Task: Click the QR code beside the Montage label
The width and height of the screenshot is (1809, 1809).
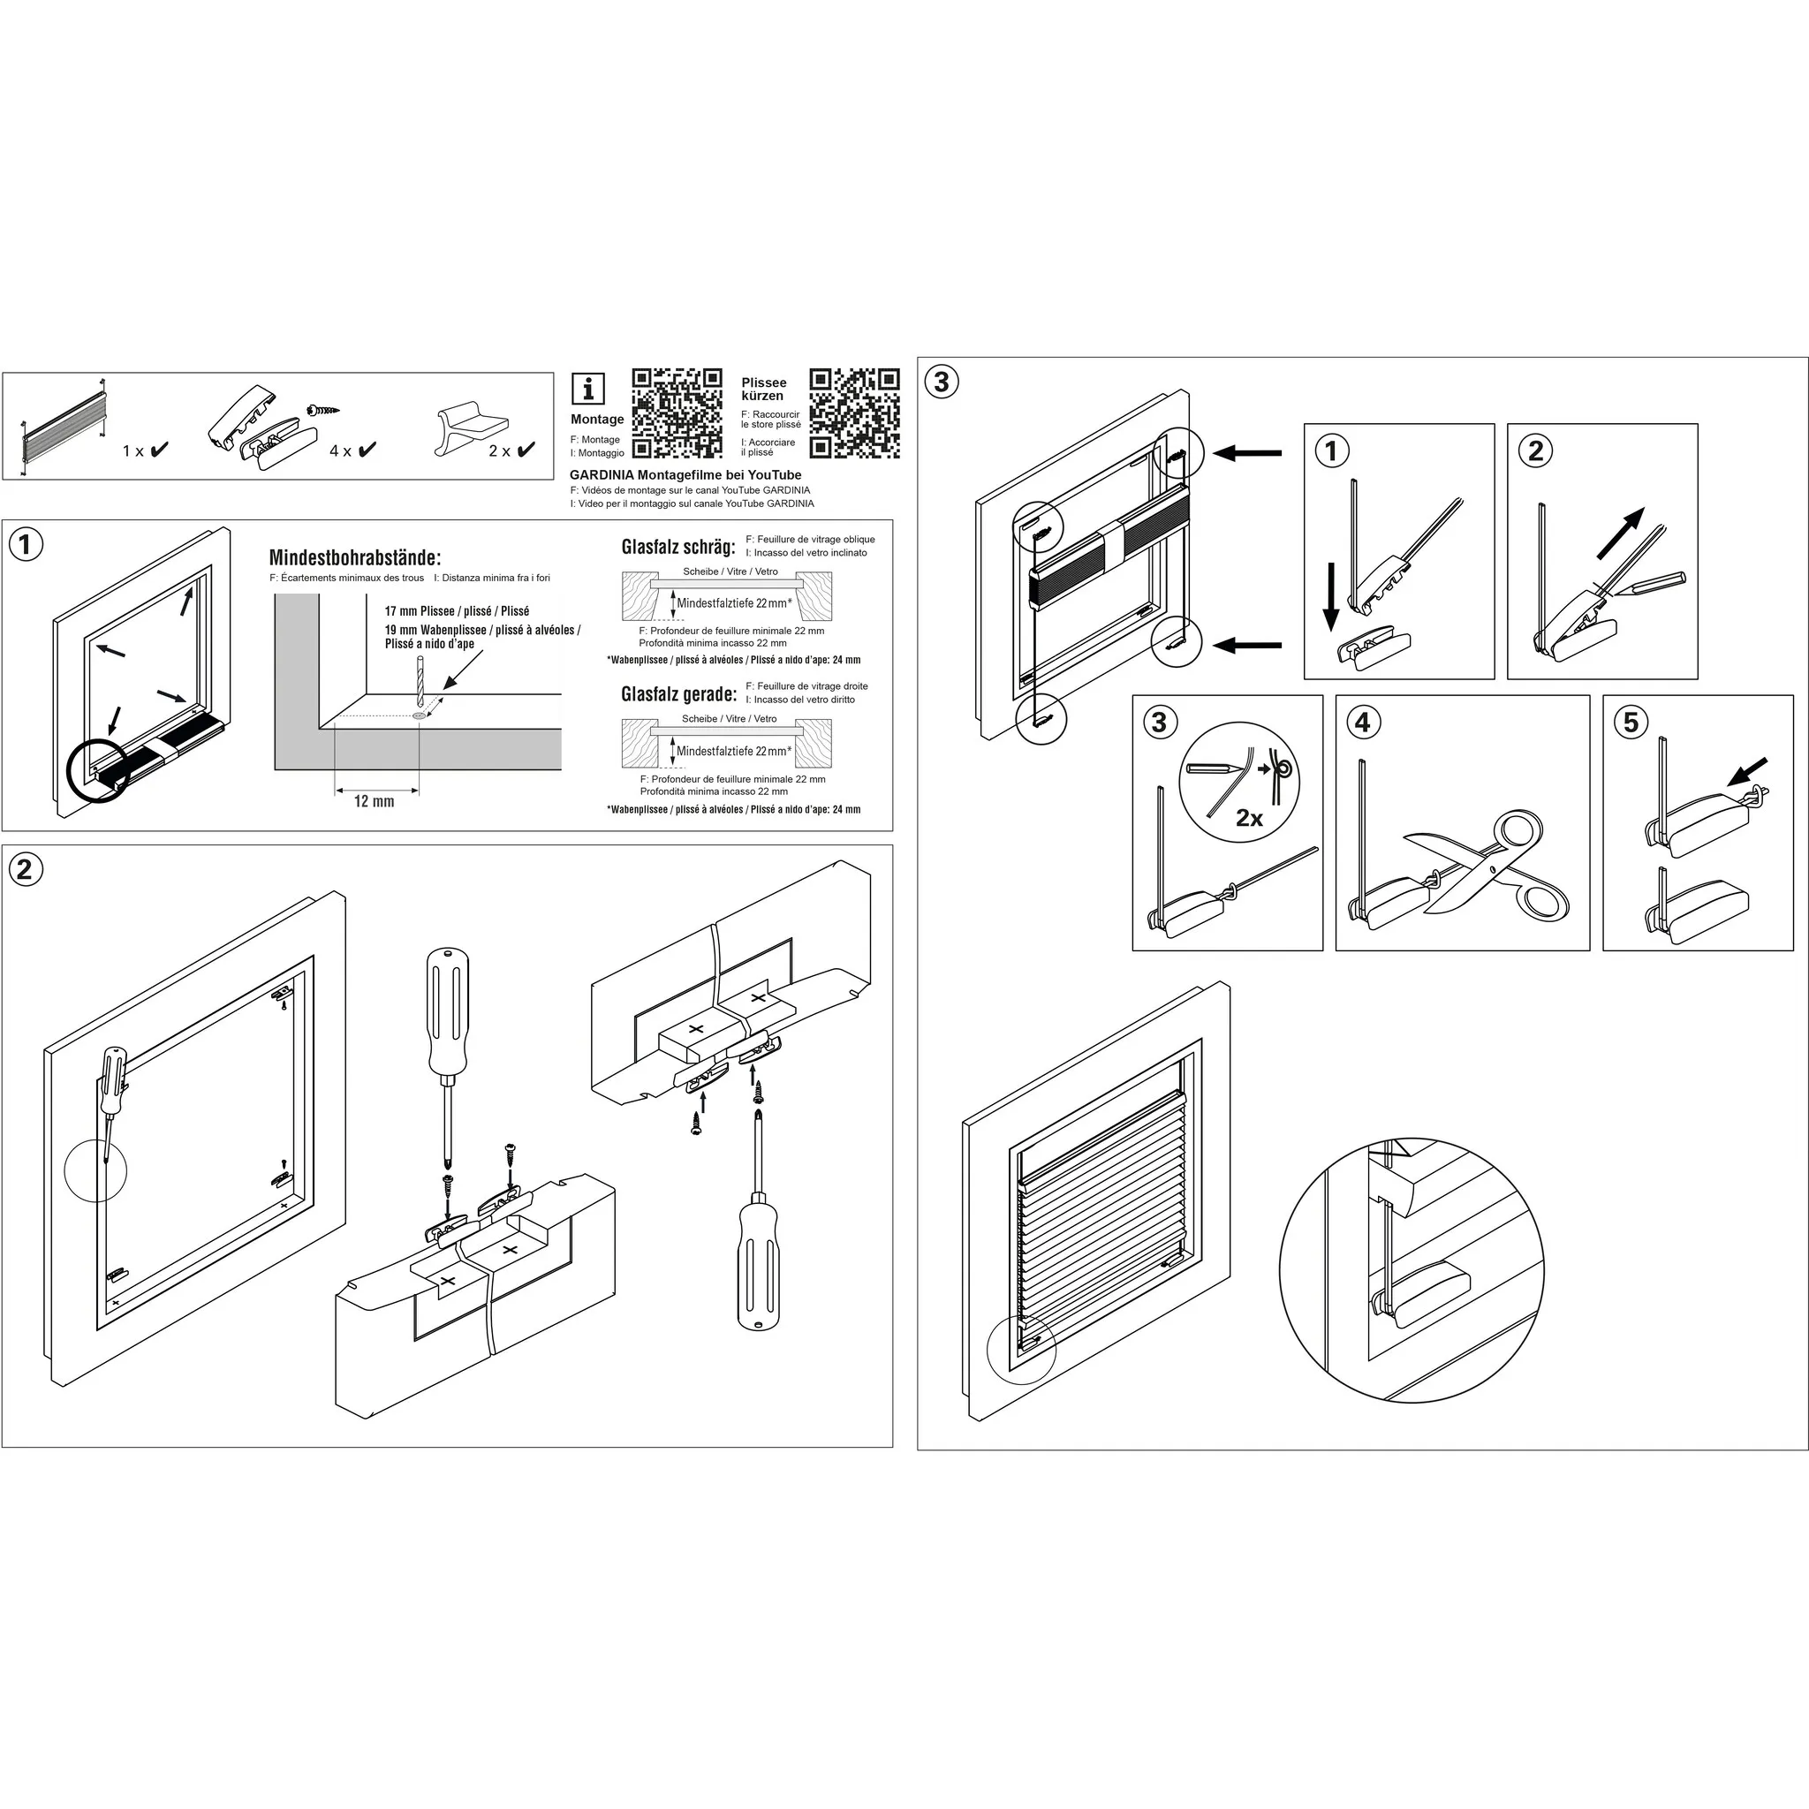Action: [677, 413]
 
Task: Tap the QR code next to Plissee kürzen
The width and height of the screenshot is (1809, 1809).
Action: [854, 413]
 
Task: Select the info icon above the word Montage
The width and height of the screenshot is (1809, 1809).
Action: [588, 388]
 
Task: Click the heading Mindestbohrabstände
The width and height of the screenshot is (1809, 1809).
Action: [355, 558]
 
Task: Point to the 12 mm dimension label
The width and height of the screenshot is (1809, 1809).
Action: [374, 801]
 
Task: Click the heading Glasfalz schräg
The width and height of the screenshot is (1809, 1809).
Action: [677, 547]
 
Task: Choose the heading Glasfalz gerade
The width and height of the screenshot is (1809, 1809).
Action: [679, 693]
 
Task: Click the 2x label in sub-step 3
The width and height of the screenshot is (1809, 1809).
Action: [1249, 818]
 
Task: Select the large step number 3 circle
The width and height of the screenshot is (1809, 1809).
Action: [942, 381]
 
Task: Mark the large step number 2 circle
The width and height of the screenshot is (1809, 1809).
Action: [26, 869]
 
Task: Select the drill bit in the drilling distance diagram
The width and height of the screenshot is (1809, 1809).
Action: [419, 680]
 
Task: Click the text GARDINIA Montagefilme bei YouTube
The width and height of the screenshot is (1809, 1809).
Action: [685, 474]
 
